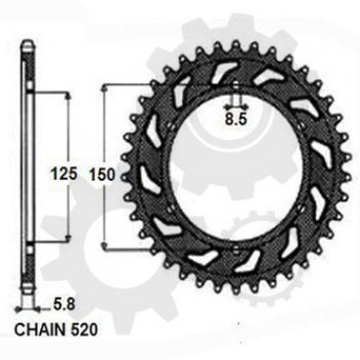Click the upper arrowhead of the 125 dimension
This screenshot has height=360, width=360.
[x=67, y=97]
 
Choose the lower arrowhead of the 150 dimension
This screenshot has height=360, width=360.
[x=105, y=257]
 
